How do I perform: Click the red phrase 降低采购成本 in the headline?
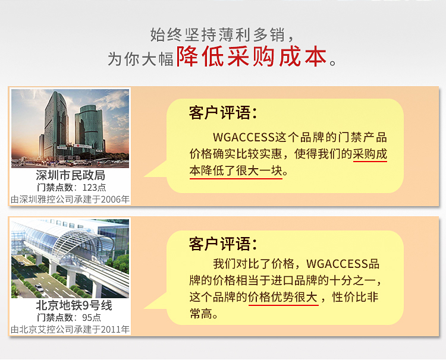tap(251, 57)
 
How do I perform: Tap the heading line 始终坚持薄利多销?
tap(218, 35)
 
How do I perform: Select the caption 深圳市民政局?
tap(71, 175)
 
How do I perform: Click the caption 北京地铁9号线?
tap(74, 305)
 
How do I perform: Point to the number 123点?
tap(94, 188)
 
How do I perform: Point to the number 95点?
tap(92, 317)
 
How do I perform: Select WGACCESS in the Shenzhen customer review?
tap(244, 137)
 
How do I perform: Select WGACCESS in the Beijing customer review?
tap(337, 264)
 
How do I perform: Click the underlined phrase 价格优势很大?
tap(283, 297)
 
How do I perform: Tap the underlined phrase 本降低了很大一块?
tap(236, 170)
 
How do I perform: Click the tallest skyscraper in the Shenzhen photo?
tap(56, 125)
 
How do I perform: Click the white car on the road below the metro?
tap(39, 288)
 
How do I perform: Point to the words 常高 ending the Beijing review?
tap(201, 314)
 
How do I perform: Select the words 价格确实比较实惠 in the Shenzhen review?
tap(236, 154)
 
